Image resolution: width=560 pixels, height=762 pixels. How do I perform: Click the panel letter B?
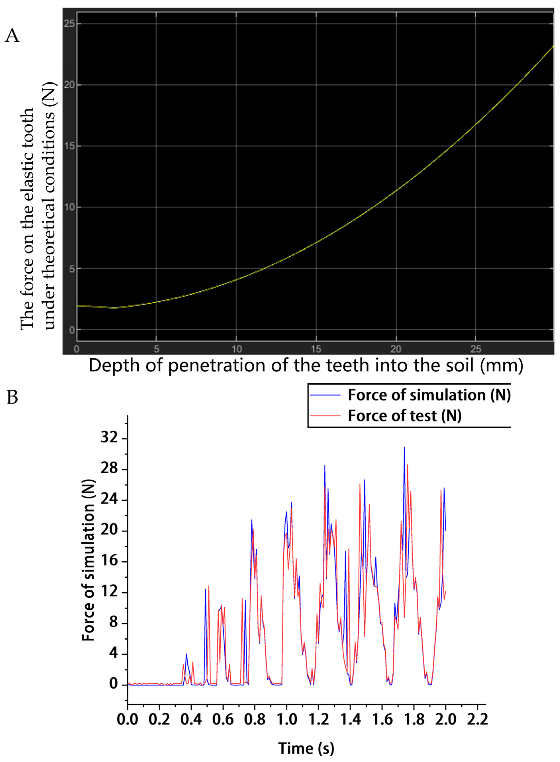12,397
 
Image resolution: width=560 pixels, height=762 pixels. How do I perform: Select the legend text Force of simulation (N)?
429,395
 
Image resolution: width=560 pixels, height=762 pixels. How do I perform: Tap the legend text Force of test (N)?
404,416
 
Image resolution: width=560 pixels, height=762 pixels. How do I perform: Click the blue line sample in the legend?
325,395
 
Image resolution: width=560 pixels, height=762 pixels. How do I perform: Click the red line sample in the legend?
325,415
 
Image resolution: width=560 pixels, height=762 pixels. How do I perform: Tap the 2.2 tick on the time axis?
477,719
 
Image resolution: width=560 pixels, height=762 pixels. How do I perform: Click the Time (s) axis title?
306,748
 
